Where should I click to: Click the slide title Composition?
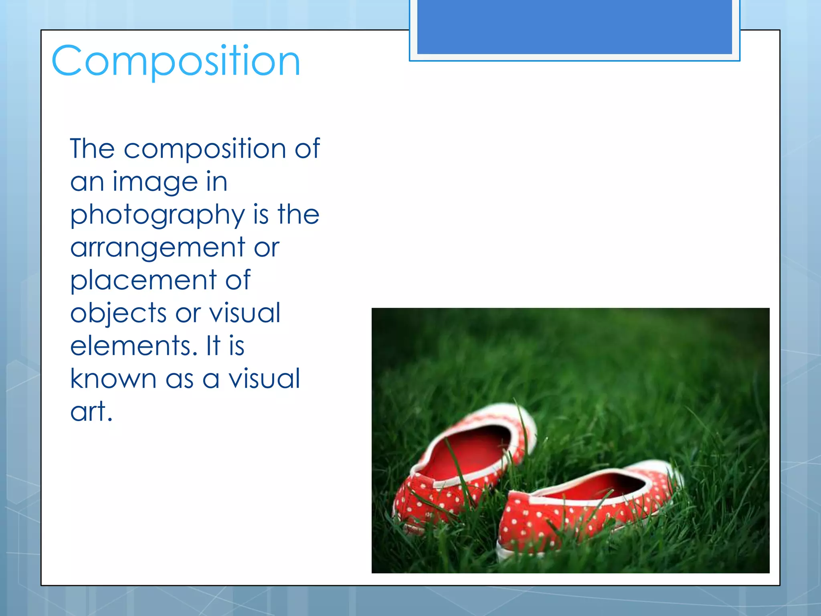pyautogui.click(x=176, y=61)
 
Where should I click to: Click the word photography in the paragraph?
pyautogui.click(x=157, y=215)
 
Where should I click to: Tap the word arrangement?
pyautogui.click(x=158, y=248)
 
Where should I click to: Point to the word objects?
pyautogui.click(x=118, y=313)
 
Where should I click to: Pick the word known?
pyautogui.click(x=113, y=379)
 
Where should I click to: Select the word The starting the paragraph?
pyautogui.click(x=92, y=149)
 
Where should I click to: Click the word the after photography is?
pyautogui.click(x=298, y=215)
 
